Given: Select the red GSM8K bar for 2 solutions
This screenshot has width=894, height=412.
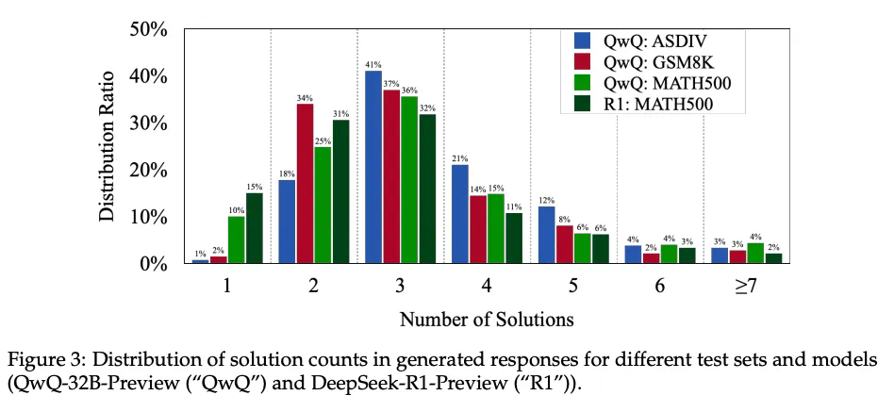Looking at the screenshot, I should point(305,184).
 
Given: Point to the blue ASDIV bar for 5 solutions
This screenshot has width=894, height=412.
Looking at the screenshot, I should point(547,235).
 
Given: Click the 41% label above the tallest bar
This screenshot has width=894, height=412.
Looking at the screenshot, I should point(373,64).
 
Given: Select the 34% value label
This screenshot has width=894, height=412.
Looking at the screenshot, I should point(305,97).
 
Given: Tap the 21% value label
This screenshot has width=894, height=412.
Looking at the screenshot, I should point(460,158).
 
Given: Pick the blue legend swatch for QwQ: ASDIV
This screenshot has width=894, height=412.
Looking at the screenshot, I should point(583,41).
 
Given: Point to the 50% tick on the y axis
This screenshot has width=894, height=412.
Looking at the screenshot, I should point(148,29).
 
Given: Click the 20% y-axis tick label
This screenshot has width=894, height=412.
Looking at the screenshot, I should point(148,171).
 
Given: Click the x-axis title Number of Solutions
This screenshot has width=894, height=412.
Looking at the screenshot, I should point(487,319).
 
